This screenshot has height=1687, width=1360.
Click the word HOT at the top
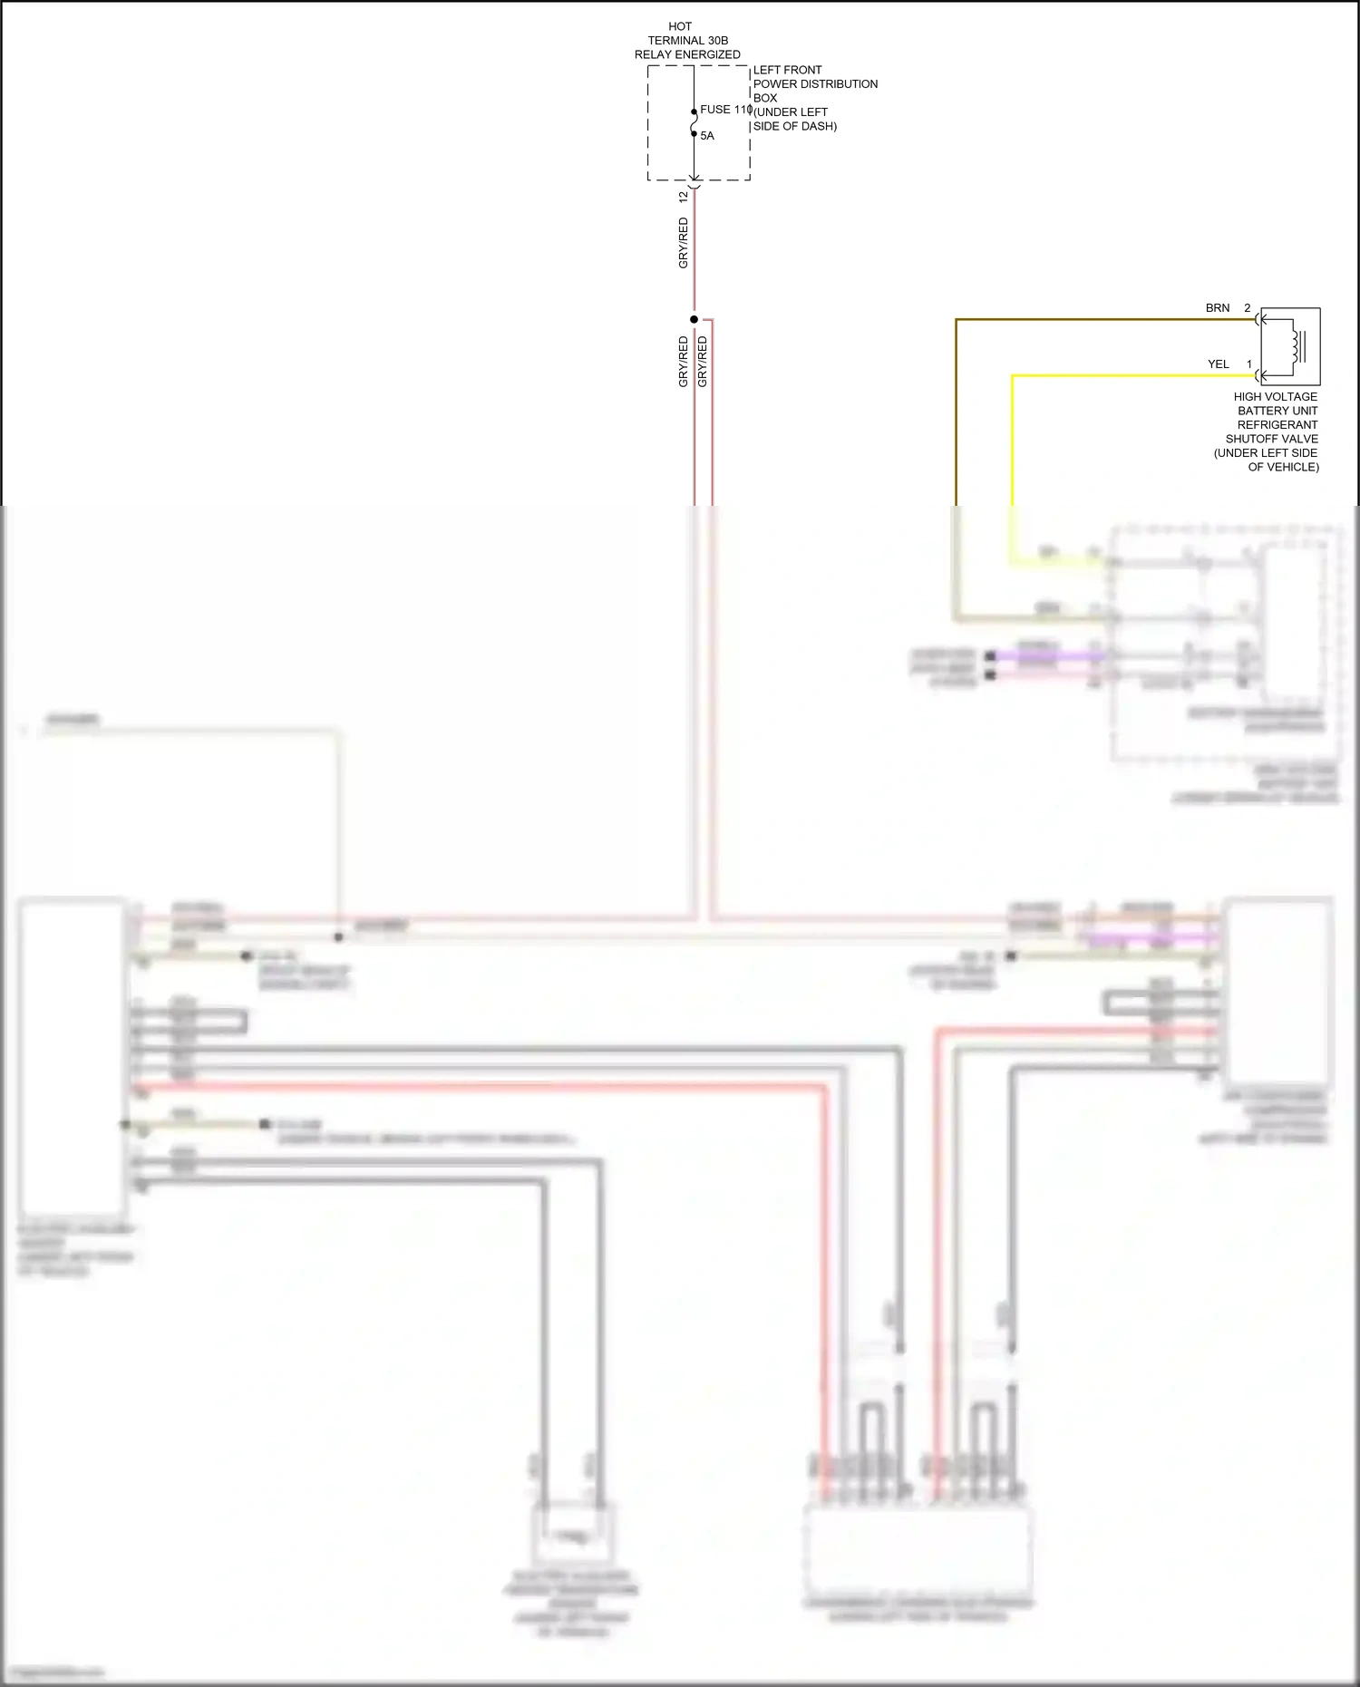680,26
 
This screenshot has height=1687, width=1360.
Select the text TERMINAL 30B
687,41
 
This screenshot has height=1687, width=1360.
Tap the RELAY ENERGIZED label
687,54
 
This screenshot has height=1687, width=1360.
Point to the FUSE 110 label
725,110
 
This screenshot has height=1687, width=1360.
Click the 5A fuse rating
707,136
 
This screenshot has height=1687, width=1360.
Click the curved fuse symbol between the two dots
695,122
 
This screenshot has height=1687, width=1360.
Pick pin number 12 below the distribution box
684,196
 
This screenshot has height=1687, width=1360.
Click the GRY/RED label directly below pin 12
684,243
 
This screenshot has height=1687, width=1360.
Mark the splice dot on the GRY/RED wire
695,319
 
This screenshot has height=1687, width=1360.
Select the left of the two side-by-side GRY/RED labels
684,362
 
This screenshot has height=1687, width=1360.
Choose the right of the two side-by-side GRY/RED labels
703,362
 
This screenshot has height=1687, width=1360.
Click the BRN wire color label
1218,308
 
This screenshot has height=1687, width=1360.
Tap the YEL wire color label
1218,364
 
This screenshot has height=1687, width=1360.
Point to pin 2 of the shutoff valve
1248,308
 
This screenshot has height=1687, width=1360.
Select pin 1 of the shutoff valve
1248,364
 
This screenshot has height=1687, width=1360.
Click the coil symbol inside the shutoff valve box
1294,345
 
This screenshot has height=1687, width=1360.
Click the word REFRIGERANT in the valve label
1277,424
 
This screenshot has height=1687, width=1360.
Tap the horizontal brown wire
1088,319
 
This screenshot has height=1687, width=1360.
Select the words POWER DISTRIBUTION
815,84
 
